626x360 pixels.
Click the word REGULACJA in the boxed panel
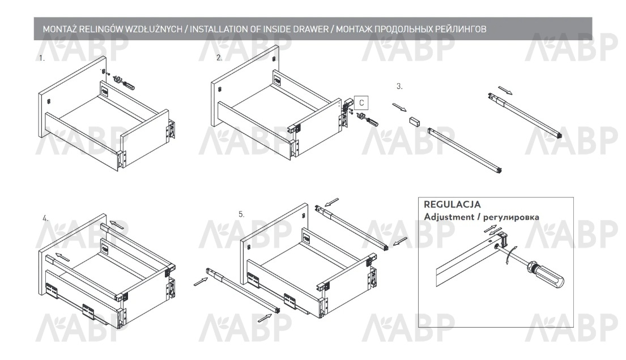pos(452,205)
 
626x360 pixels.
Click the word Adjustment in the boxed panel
pos(449,217)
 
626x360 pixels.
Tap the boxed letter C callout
pos(361,103)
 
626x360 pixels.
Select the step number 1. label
pos(42,58)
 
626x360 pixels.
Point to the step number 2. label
pos(219,58)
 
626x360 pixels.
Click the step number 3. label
pos(399,86)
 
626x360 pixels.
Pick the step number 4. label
pos(46,219)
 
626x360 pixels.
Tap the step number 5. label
pos(241,214)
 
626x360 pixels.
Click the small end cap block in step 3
pos(415,121)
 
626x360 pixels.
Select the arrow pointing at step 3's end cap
pos(399,108)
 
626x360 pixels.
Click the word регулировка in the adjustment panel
pos(511,218)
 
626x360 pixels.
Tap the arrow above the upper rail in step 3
pos(505,90)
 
